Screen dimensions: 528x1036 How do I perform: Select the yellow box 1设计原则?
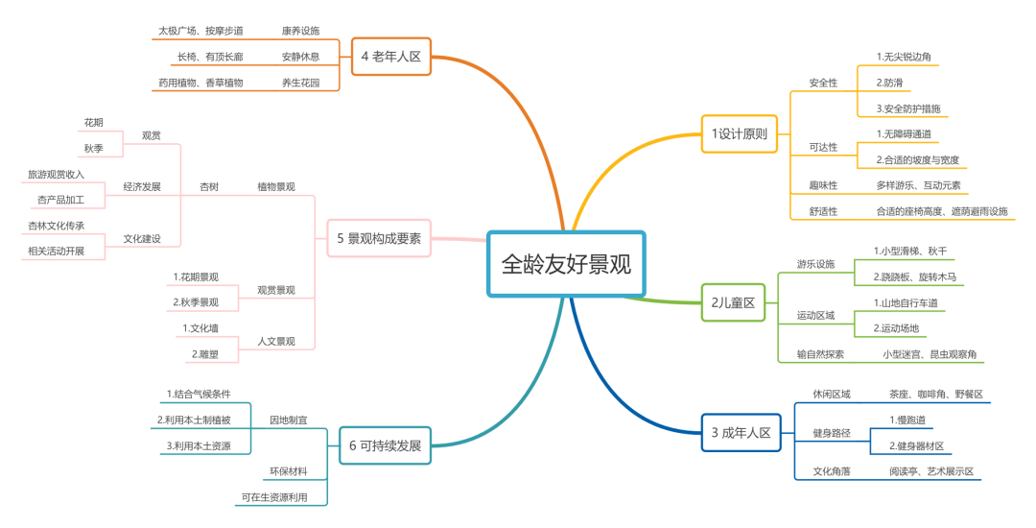click(x=740, y=133)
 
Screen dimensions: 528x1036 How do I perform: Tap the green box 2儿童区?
click(x=734, y=302)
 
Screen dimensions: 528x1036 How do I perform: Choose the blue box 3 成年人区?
click(x=742, y=433)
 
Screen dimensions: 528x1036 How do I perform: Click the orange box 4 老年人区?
click(x=391, y=56)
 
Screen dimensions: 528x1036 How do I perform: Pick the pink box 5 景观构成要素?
click(x=379, y=238)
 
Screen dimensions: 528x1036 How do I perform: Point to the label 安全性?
click(x=822, y=83)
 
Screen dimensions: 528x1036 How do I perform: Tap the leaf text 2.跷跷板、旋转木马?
click(x=914, y=276)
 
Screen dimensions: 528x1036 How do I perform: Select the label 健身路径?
click(x=831, y=433)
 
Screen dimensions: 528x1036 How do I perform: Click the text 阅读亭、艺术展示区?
click(x=930, y=471)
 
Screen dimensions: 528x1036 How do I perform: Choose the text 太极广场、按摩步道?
click(x=200, y=31)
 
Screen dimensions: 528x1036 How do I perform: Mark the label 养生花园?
click(x=300, y=83)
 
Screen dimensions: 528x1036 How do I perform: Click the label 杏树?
click(x=208, y=186)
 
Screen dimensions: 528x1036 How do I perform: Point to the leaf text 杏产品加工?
click(x=60, y=200)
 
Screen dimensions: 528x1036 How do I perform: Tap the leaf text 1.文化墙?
click(x=200, y=328)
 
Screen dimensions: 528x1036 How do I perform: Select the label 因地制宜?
click(x=288, y=420)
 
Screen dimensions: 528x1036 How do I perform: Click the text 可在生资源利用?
click(x=274, y=497)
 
